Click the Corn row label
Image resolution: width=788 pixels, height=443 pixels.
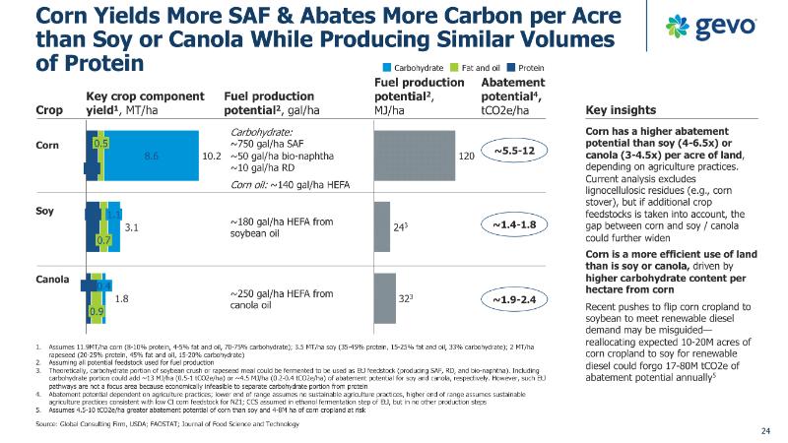[x=47, y=145]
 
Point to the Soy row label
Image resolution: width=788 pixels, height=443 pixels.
[x=44, y=211]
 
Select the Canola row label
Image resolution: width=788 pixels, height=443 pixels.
[x=52, y=280]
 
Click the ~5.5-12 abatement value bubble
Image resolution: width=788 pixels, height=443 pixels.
[x=512, y=151]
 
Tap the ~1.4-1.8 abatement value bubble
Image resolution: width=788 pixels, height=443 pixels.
[x=512, y=225]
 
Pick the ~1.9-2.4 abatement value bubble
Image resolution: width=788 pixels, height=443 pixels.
[x=512, y=297]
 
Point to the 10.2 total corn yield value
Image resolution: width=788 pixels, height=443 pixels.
[x=211, y=157]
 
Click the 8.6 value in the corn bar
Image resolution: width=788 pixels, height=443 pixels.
[x=152, y=156]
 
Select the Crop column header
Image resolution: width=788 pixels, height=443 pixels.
[x=47, y=110]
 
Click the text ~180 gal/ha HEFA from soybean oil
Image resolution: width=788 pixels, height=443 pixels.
[x=281, y=226]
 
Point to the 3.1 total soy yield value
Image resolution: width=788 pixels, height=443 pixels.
[x=130, y=227]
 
